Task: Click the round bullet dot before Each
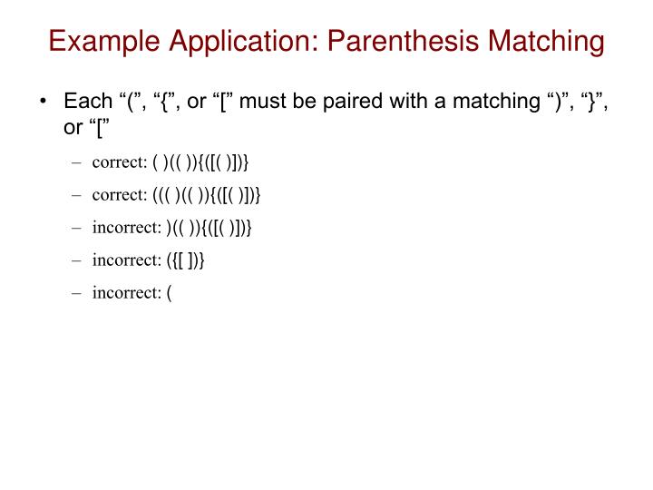coord(44,103)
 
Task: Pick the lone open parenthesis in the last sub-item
coord(170,292)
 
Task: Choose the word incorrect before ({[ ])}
coord(124,260)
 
